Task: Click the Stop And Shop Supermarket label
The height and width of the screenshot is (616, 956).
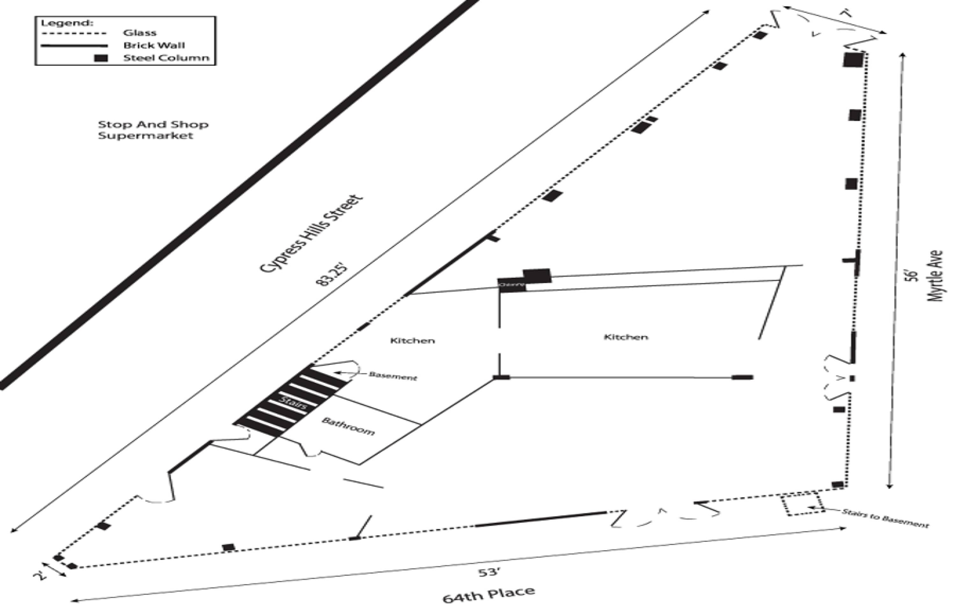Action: [x=153, y=130]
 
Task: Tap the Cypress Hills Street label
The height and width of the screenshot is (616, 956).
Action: [x=311, y=234]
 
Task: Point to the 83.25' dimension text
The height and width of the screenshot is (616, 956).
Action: [x=332, y=275]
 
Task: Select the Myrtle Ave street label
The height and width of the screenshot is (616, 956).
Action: [x=936, y=276]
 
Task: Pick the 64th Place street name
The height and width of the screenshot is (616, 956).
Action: [x=489, y=594]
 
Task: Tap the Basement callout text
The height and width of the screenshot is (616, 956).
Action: [x=392, y=376]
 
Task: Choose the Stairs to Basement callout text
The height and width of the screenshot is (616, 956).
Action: [x=885, y=518]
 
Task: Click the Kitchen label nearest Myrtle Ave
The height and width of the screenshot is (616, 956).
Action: [x=626, y=337]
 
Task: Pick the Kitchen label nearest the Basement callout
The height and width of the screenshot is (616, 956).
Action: [x=412, y=341]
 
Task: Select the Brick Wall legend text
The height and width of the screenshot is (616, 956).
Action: [x=154, y=45]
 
